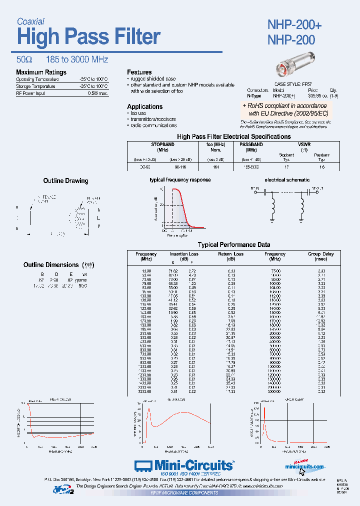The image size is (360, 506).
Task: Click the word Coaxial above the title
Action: click(30, 21)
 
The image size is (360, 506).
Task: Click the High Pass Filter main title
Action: click(88, 37)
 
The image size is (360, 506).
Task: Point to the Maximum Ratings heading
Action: click(41, 72)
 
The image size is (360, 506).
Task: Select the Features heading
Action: click(139, 72)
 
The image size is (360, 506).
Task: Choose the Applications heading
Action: click(144, 106)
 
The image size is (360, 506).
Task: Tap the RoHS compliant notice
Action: click(284, 109)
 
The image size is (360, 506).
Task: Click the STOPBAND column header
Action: click(162, 144)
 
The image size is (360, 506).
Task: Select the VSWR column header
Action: click(303, 144)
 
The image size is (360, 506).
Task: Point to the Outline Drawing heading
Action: click(65, 181)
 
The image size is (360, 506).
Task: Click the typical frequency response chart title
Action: click(179, 179)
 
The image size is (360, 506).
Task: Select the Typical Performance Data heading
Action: click(234, 245)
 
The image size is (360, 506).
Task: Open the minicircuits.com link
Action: click(304, 466)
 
